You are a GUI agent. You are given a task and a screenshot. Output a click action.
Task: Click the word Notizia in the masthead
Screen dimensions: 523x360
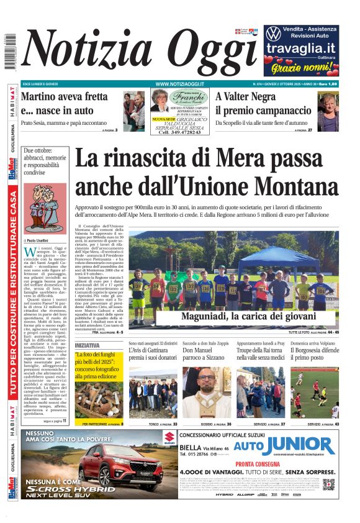point(87,52)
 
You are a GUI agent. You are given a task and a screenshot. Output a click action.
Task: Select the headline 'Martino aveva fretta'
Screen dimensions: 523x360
point(63,97)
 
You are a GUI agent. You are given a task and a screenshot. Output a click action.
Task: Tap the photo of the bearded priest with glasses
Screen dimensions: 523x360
point(206,392)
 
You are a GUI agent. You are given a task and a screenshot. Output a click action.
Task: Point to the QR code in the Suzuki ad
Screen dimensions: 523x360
point(328,484)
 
